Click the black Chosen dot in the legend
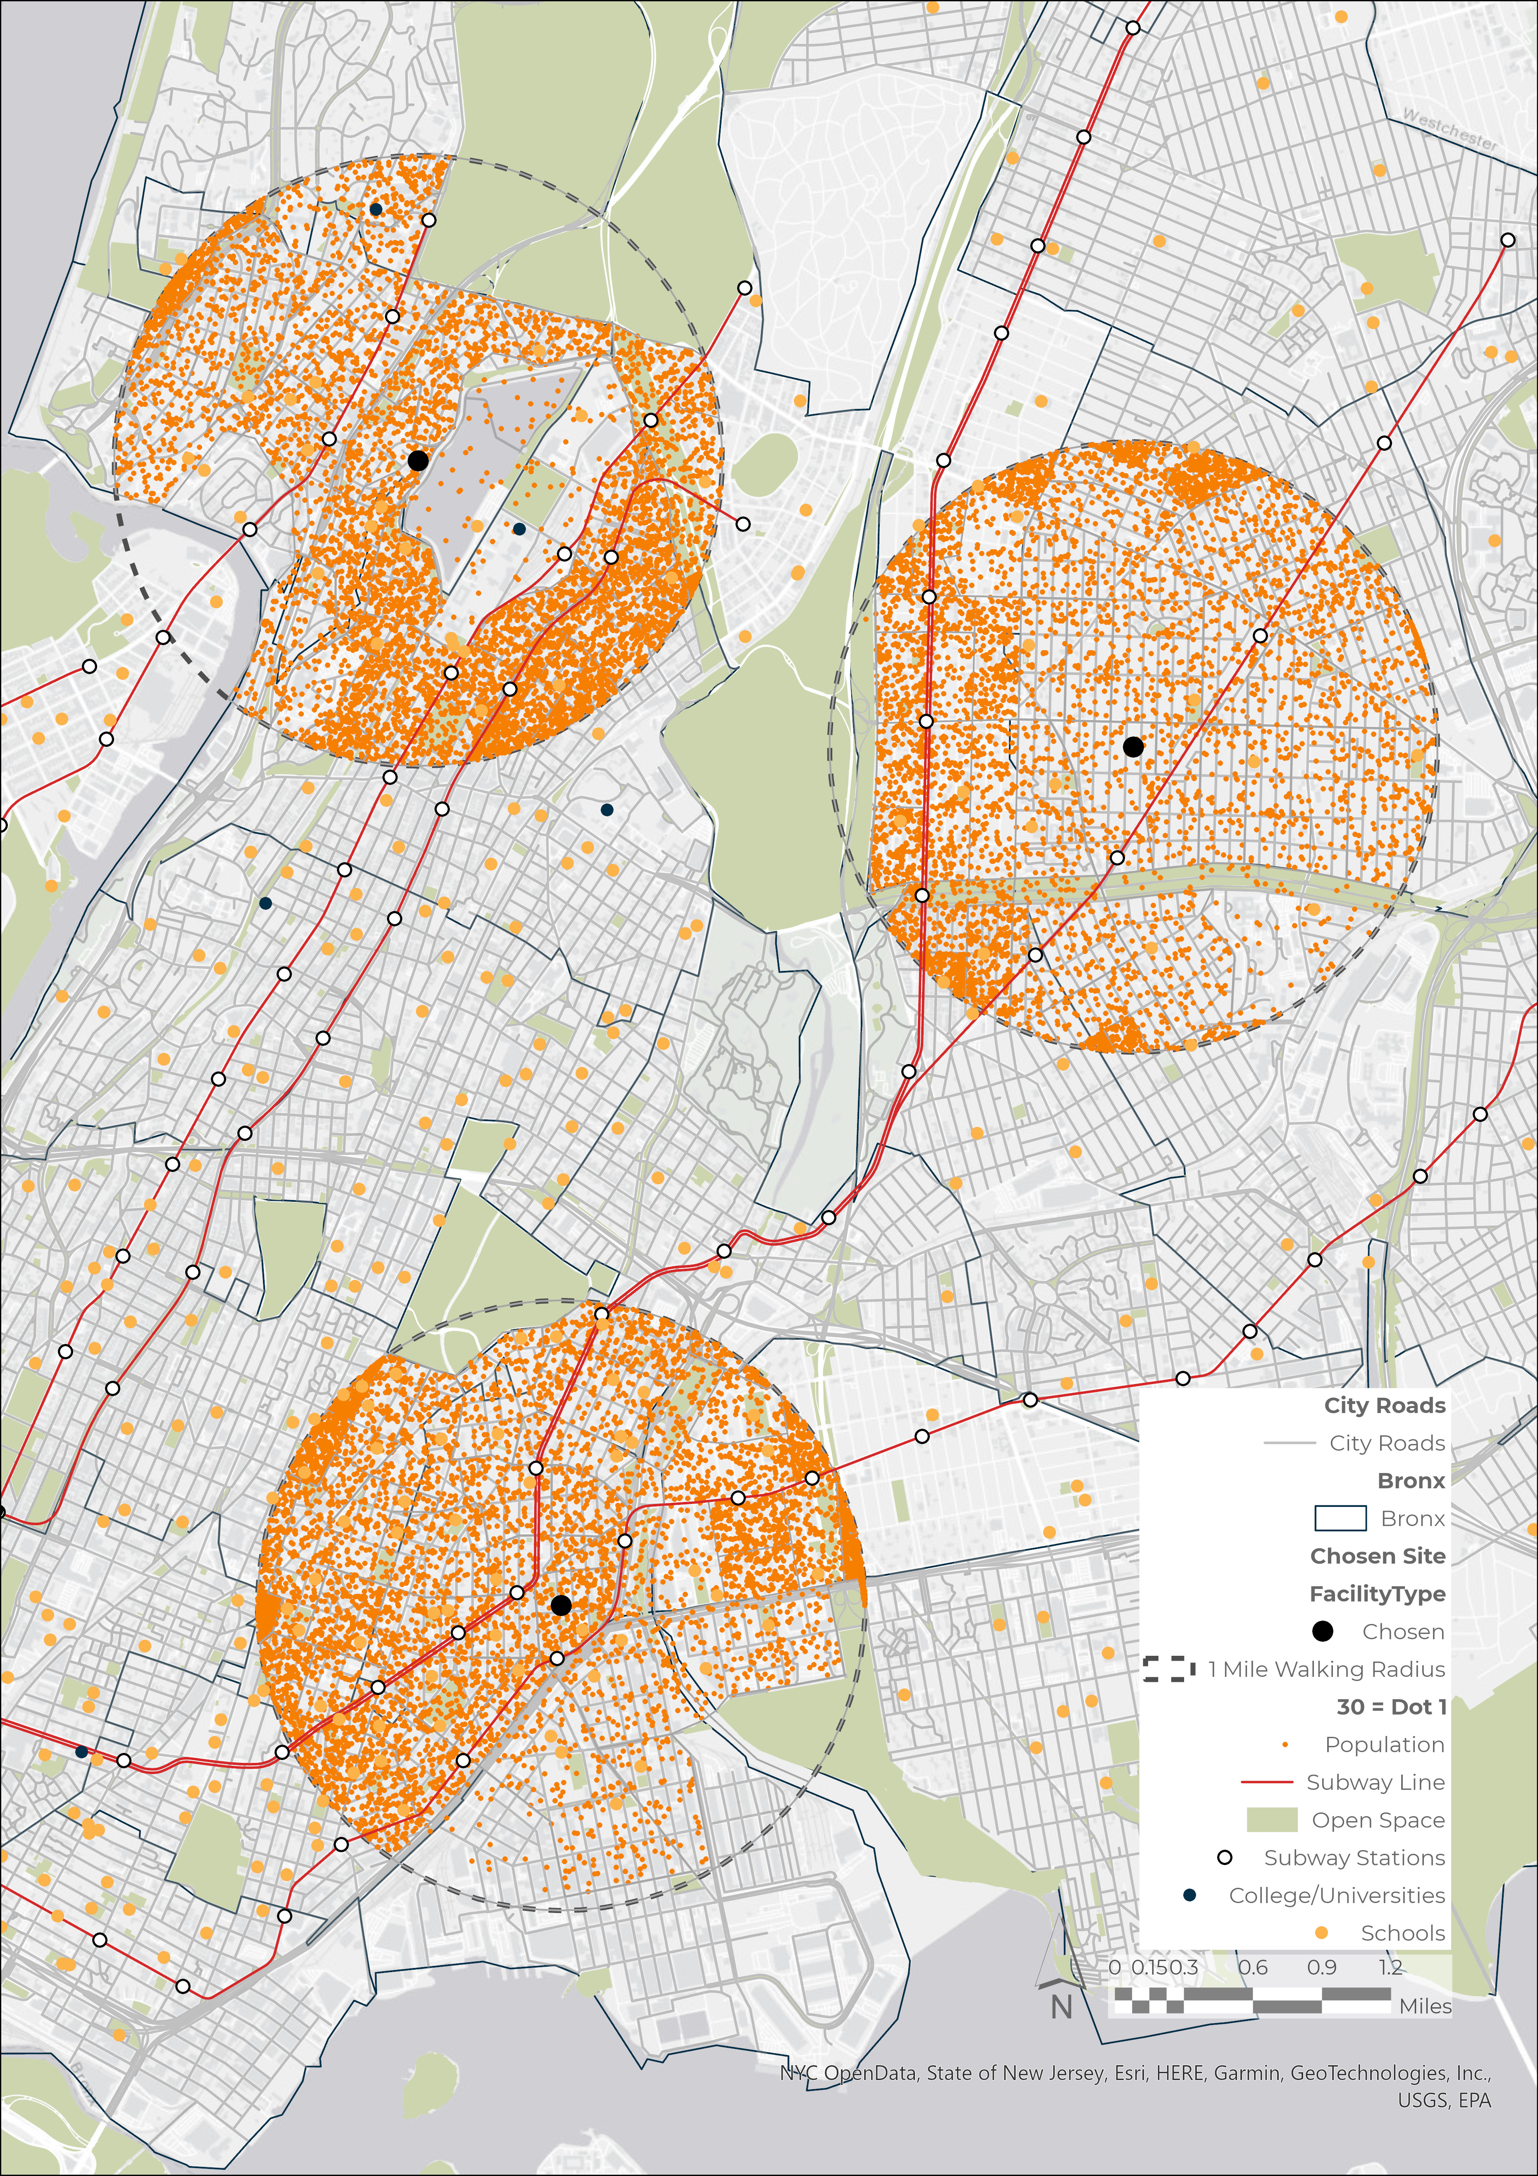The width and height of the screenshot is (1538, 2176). (1322, 1631)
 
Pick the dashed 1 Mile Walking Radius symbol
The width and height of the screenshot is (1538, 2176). (1168, 1669)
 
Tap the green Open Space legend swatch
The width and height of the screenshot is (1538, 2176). (1271, 1820)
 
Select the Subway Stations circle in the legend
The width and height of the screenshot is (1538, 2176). (1224, 1858)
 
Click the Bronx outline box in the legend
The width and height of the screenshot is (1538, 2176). (1340, 1518)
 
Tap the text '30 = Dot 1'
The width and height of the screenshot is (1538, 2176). (1391, 1707)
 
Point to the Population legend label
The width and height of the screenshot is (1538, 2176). (1385, 1745)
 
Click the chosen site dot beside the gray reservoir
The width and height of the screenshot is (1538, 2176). (418, 461)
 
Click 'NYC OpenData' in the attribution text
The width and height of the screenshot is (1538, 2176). (848, 2073)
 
